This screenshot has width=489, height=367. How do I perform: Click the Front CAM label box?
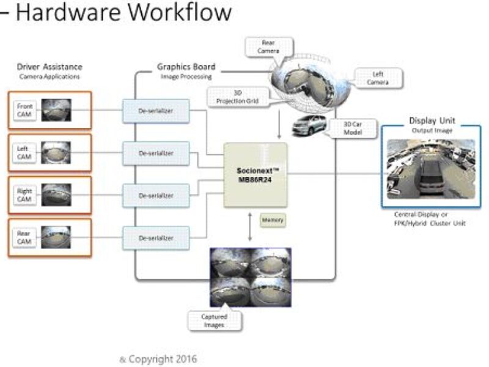click(24, 109)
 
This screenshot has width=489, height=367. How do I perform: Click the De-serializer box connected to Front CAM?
click(156, 110)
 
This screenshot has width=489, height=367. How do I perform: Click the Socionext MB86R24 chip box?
click(255, 175)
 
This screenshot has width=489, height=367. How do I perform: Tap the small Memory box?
click(272, 220)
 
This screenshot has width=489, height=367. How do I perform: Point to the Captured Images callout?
click(214, 321)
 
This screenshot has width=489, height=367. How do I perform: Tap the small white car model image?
click(309, 125)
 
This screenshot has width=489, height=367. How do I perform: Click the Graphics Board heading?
click(186, 67)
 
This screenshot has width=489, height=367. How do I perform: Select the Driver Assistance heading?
click(50, 67)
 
